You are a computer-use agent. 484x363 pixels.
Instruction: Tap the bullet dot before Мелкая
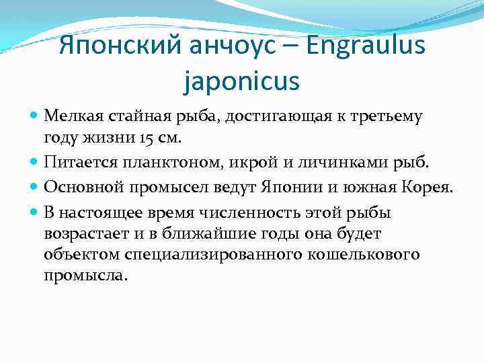point(34,116)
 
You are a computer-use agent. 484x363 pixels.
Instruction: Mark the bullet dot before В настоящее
point(34,213)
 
